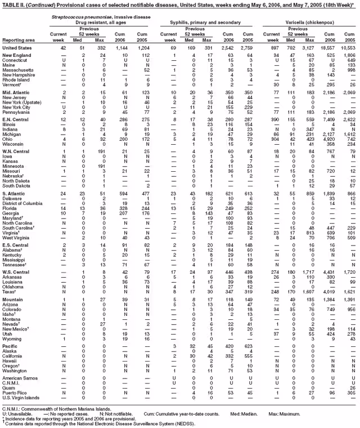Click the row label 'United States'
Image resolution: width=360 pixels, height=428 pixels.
click(x=17, y=48)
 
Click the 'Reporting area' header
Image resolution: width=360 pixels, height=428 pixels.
click(x=17, y=41)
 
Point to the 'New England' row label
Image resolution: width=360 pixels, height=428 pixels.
click(x=16, y=55)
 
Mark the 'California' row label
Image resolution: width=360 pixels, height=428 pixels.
click(x=14, y=356)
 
